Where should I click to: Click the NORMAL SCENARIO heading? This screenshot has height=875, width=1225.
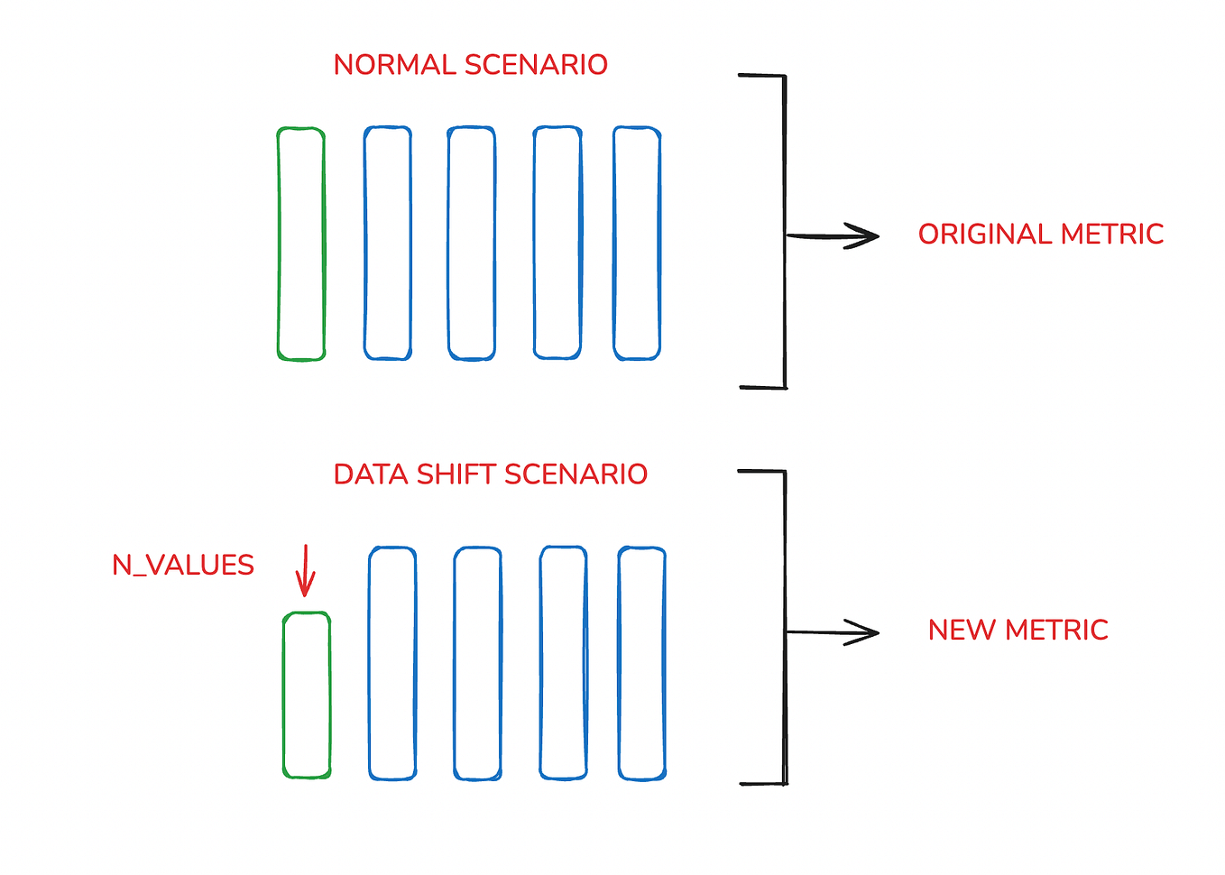click(470, 65)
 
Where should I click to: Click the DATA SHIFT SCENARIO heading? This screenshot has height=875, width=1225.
click(490, 474)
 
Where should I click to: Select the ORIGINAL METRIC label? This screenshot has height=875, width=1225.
click(1040, 235)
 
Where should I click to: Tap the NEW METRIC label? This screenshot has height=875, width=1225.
click(1018, 630)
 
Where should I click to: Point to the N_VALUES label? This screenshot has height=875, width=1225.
click(183, 566)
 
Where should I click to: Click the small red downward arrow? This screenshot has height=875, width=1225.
click(305, 570)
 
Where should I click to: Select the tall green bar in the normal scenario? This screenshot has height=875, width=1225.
click(301, 244)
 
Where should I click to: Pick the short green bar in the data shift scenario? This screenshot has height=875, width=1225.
click(307, 695)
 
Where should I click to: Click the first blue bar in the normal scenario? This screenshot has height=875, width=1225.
click(388, 244)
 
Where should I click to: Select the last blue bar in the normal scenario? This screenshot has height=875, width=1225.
click(637, 244)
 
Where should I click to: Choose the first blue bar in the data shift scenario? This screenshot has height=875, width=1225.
click(392, 663)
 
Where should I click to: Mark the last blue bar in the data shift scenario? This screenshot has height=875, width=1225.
click(641, 663)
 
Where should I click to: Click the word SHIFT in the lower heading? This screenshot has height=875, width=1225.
click(456, 474)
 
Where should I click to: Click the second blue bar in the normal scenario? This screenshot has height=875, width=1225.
click(472, 244)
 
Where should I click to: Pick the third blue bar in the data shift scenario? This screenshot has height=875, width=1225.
click(563, 663)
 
